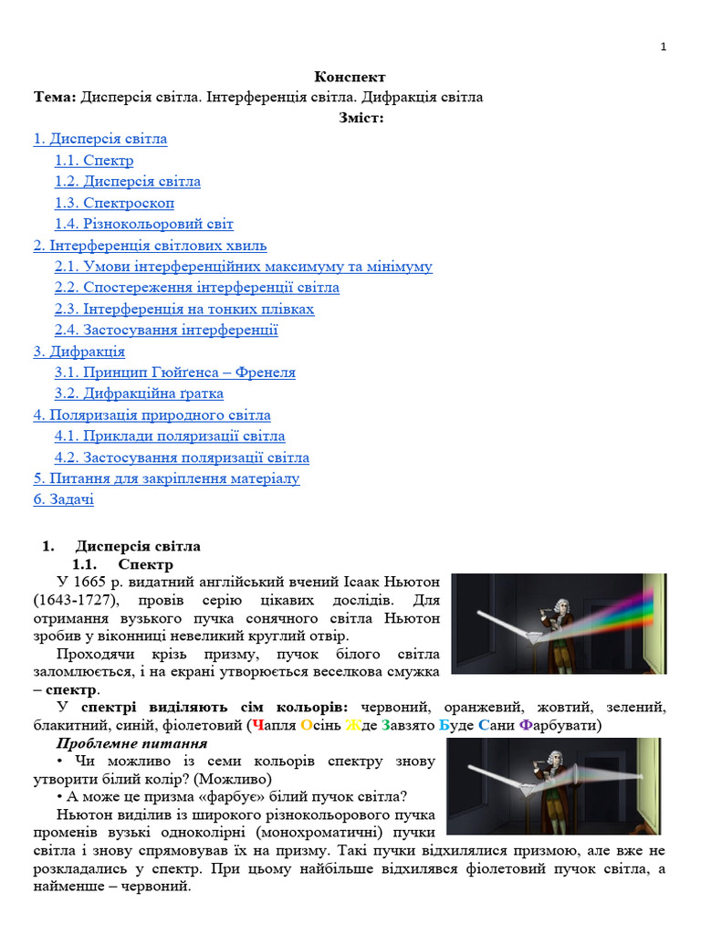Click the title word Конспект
(350, 78)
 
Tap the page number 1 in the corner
(664, 47)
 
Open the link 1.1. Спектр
(94, 161)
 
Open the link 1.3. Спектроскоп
(114, 203)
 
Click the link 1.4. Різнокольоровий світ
(144, 224)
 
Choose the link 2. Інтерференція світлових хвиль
(150, 246)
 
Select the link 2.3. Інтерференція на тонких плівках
(184, 309)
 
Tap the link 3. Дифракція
(79, 352)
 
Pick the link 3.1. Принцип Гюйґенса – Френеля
(175, 373)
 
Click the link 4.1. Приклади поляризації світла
(170, 436)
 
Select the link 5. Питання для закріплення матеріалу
(166, 478)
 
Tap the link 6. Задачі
(64, 499)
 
